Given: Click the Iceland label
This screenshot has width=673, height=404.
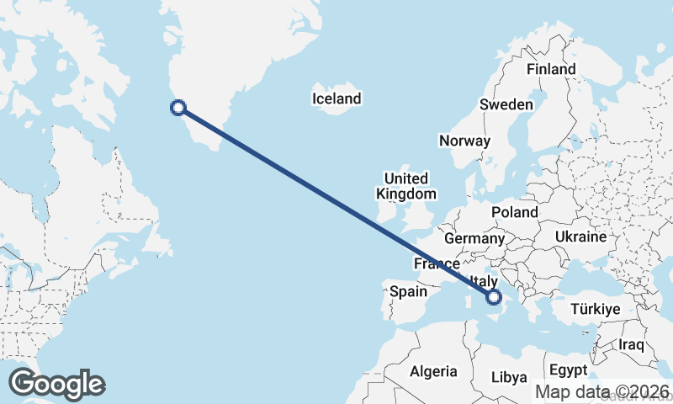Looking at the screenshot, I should click(336, 99).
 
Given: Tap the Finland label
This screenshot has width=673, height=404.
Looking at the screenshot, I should click(551, 70).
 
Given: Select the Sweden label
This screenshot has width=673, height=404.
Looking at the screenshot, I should click(506, 105).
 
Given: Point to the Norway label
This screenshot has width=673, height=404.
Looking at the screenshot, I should click(464, 141).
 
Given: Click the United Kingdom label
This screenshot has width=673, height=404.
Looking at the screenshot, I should click(406, 186).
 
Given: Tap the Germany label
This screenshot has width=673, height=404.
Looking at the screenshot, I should click(474, 239).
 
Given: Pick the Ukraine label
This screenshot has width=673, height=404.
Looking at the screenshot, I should click(580, 237).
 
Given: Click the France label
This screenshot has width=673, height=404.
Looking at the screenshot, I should click(437, 264).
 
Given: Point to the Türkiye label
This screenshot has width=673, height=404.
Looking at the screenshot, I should click(596, 310).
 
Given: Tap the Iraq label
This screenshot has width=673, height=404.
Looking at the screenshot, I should click(631, 345).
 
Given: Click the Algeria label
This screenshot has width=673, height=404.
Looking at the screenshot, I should click(433, 371).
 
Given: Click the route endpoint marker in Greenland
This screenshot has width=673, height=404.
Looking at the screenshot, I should click(178, 107).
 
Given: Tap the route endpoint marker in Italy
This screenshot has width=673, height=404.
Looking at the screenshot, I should click(494, 296).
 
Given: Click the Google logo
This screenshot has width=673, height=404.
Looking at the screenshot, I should click(56, 384).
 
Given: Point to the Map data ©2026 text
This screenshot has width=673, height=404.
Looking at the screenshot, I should click(602, 392).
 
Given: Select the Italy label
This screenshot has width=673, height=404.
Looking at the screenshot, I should click(485, 282).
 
